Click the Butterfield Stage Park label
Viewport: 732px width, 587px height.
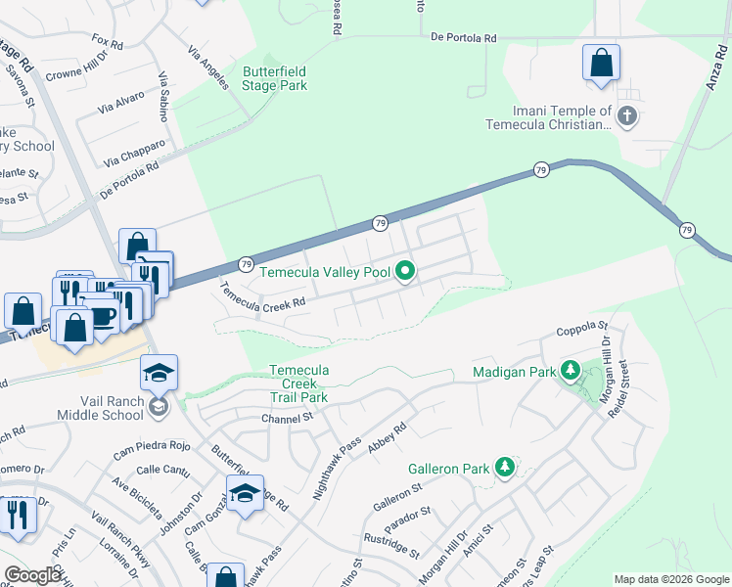click(275, 78)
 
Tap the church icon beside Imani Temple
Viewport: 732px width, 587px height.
click(627, 117)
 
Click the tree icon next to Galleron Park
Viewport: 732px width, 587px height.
click(505, 469)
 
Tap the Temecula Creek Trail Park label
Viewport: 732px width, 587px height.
click(299, 384)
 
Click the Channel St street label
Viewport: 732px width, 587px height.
click(286, 419)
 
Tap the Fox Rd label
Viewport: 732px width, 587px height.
click(107, 44)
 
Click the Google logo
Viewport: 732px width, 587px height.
click(33, 575)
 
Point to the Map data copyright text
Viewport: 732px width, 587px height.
click(671, 579)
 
